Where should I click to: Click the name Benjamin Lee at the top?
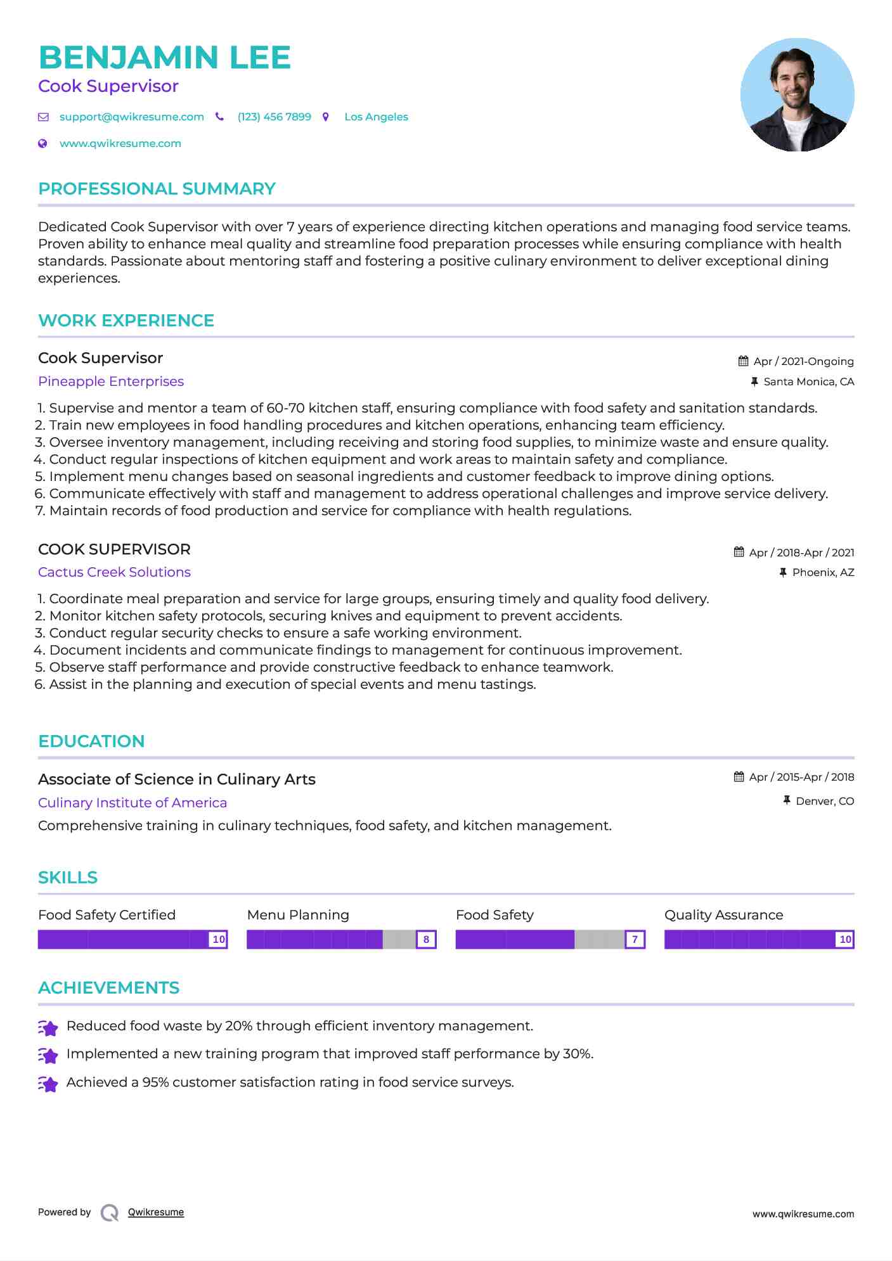click(164, 58)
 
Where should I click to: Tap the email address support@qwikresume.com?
click(131, 117)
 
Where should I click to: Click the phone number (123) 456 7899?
click(274, 117)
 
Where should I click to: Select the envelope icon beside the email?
click(43, 117)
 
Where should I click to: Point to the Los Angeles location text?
click(376, 117)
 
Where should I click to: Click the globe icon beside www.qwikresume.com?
click(42, 144)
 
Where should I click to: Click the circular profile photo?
click(797, 95)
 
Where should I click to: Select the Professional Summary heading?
click(157, 189)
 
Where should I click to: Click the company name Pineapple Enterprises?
click(111, 381)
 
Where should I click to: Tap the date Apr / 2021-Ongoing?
click(803, 361)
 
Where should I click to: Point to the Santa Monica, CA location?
click(808, 381)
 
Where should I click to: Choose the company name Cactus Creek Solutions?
click(114, 572)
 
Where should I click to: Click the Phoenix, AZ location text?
click(823, 572)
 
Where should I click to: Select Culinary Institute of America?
click(133, 803)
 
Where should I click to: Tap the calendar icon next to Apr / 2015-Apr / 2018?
click(739, 777)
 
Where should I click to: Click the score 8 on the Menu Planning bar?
click(426, 939)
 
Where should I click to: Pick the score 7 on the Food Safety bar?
click(635, 939)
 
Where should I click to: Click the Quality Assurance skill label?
click(723, 915)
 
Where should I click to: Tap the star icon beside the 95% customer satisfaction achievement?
click(48, 1084)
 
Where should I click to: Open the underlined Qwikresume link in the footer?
click(156, 1212)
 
